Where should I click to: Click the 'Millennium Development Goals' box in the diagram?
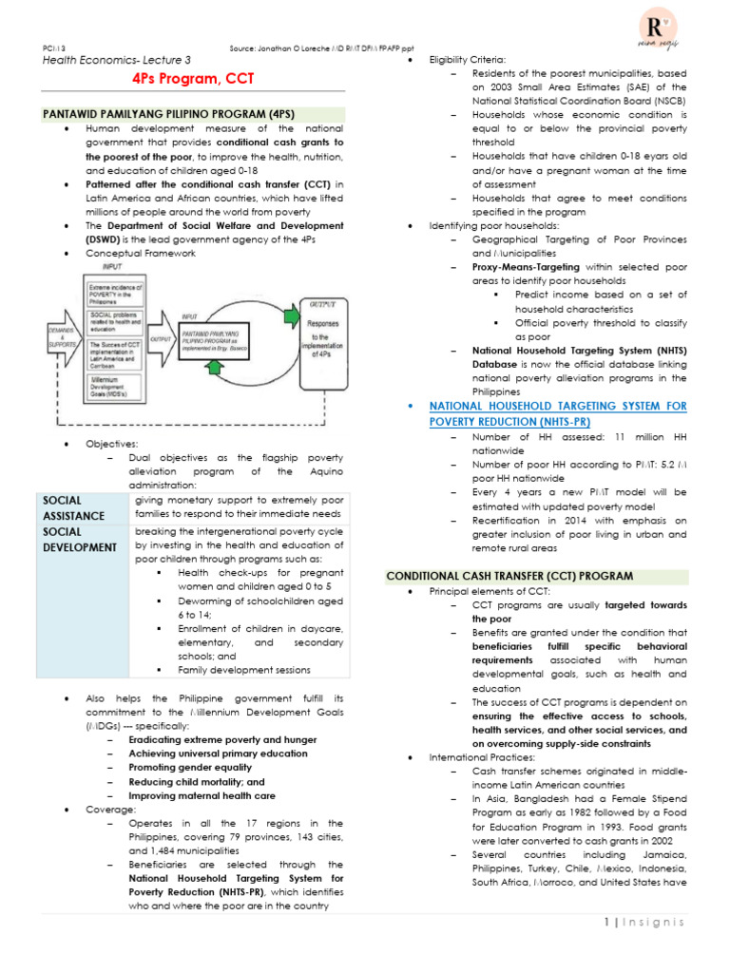116,389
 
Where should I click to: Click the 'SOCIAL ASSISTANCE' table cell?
81,507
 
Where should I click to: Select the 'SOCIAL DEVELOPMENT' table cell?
81,540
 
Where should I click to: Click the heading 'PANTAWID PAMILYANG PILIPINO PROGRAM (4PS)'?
169,114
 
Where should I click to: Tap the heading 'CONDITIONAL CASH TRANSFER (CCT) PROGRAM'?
509,576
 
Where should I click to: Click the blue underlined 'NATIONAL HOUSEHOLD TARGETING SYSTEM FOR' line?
558,406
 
